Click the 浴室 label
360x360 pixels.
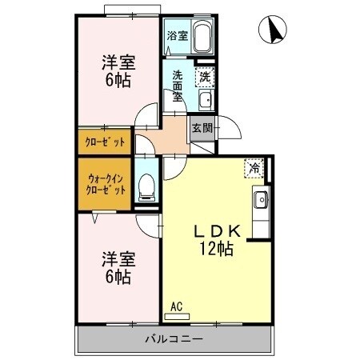click(x=177, y=36)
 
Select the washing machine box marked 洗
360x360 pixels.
click(x=206, y=77)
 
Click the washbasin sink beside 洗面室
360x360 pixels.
click(x=205, y=100)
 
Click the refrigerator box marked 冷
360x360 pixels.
click(x=254, y=169)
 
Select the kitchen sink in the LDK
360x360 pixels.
click(x=260, y=200)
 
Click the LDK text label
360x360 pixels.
click(x=216, y=230)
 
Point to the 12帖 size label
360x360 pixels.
click(x=216, y=249)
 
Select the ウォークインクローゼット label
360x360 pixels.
click(x=105, y=185)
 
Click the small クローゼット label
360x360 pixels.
click(x=105, y=142)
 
